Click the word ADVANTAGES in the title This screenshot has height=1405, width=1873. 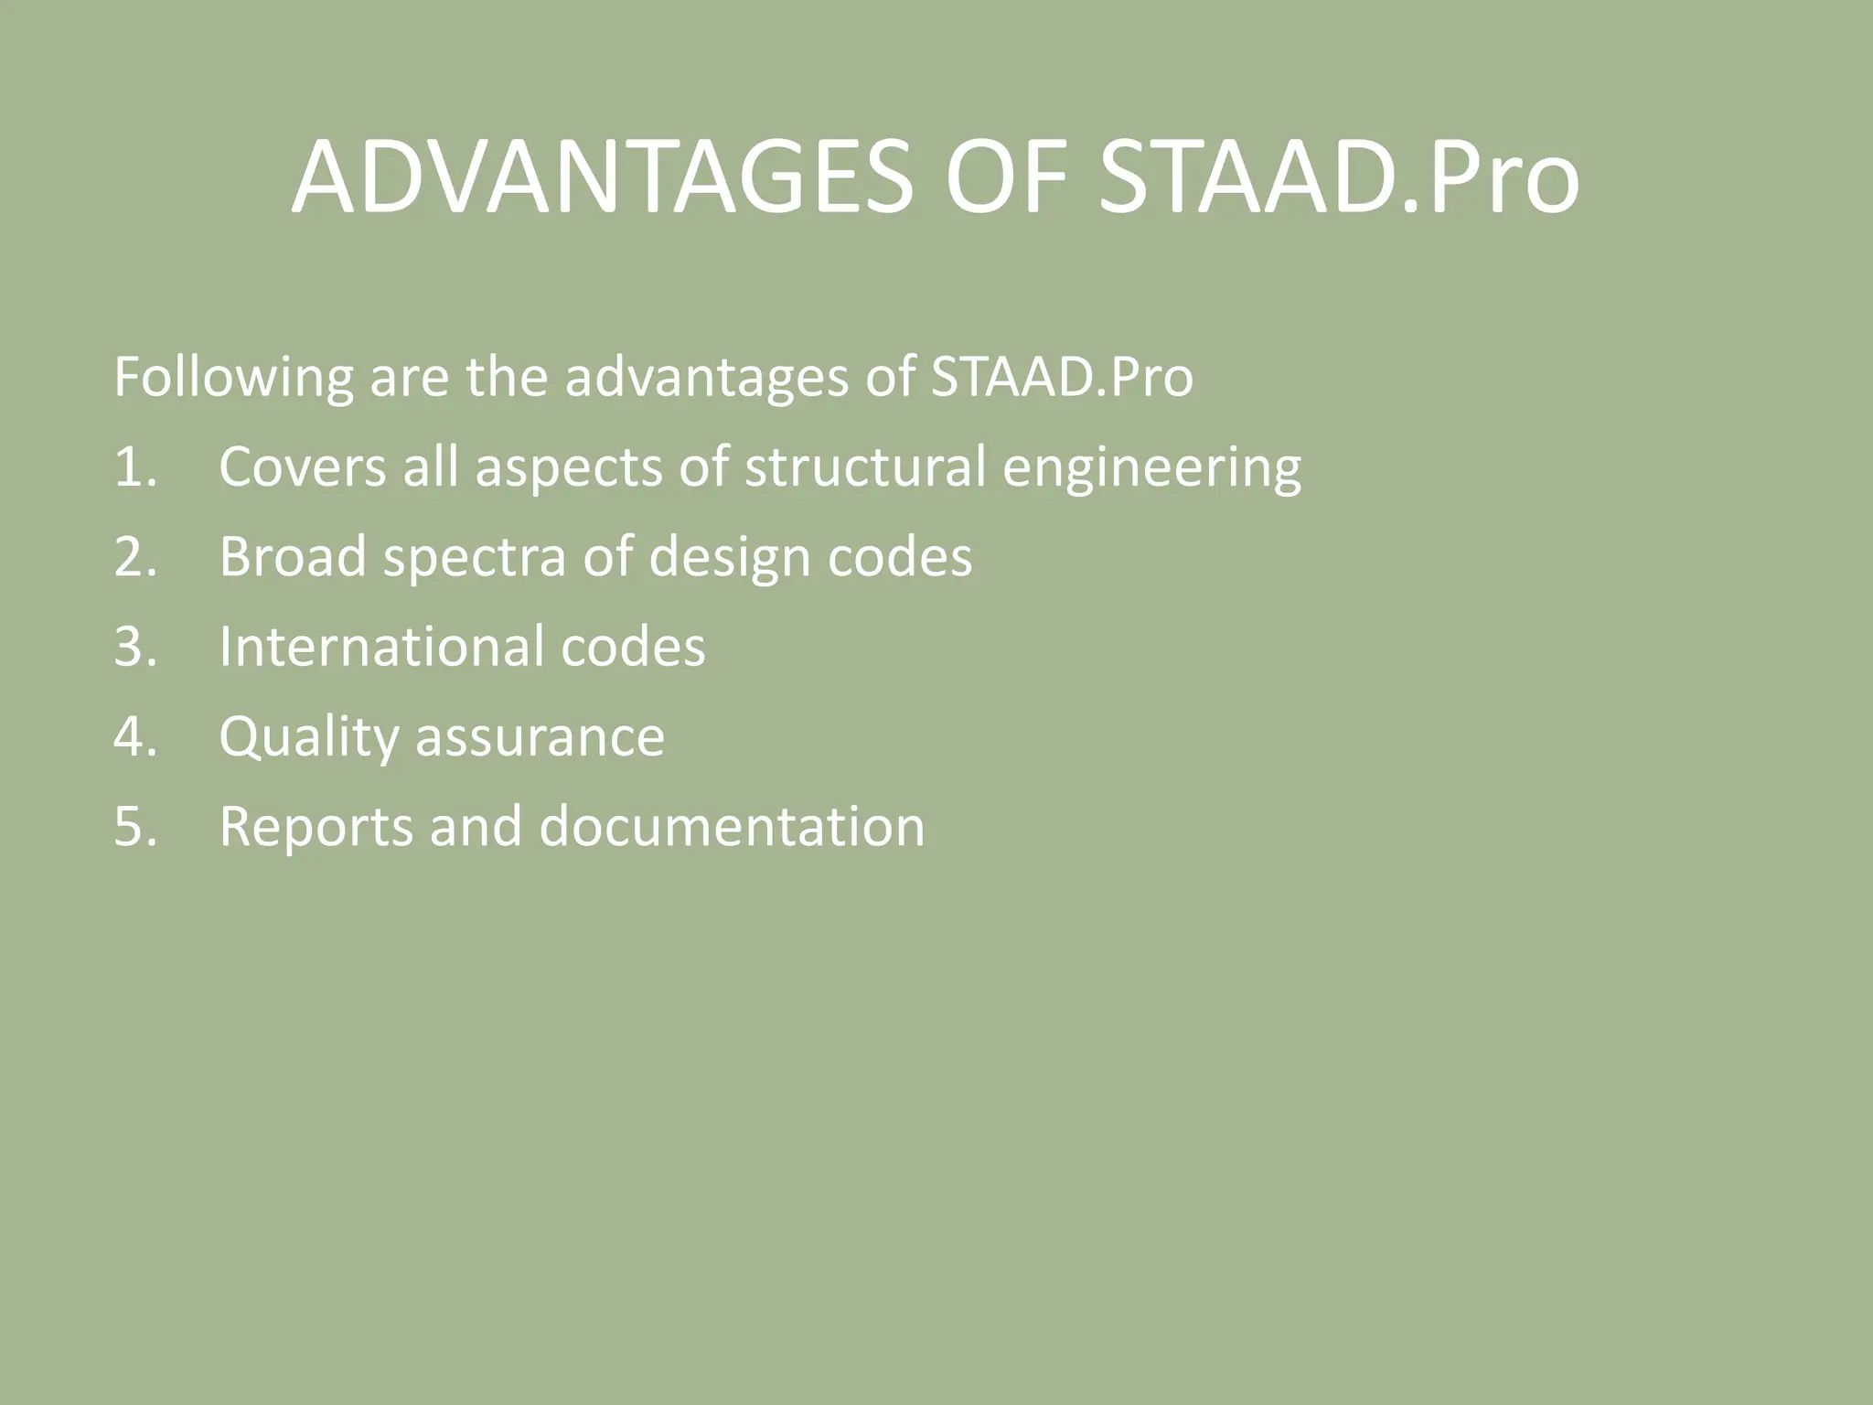tap(602, 178)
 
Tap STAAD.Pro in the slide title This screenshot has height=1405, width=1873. tap(1337, 178)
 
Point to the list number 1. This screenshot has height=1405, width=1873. tap(134, 467)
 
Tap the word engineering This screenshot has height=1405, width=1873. tap(1151, 469)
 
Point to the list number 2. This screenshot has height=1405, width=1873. tap(134, 557)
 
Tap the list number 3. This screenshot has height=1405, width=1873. tap(134, 647)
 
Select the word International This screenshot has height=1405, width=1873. tap(380, 647)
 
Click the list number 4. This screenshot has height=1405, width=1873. tap(134, 736)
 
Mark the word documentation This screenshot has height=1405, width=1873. tap(732, 826)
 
